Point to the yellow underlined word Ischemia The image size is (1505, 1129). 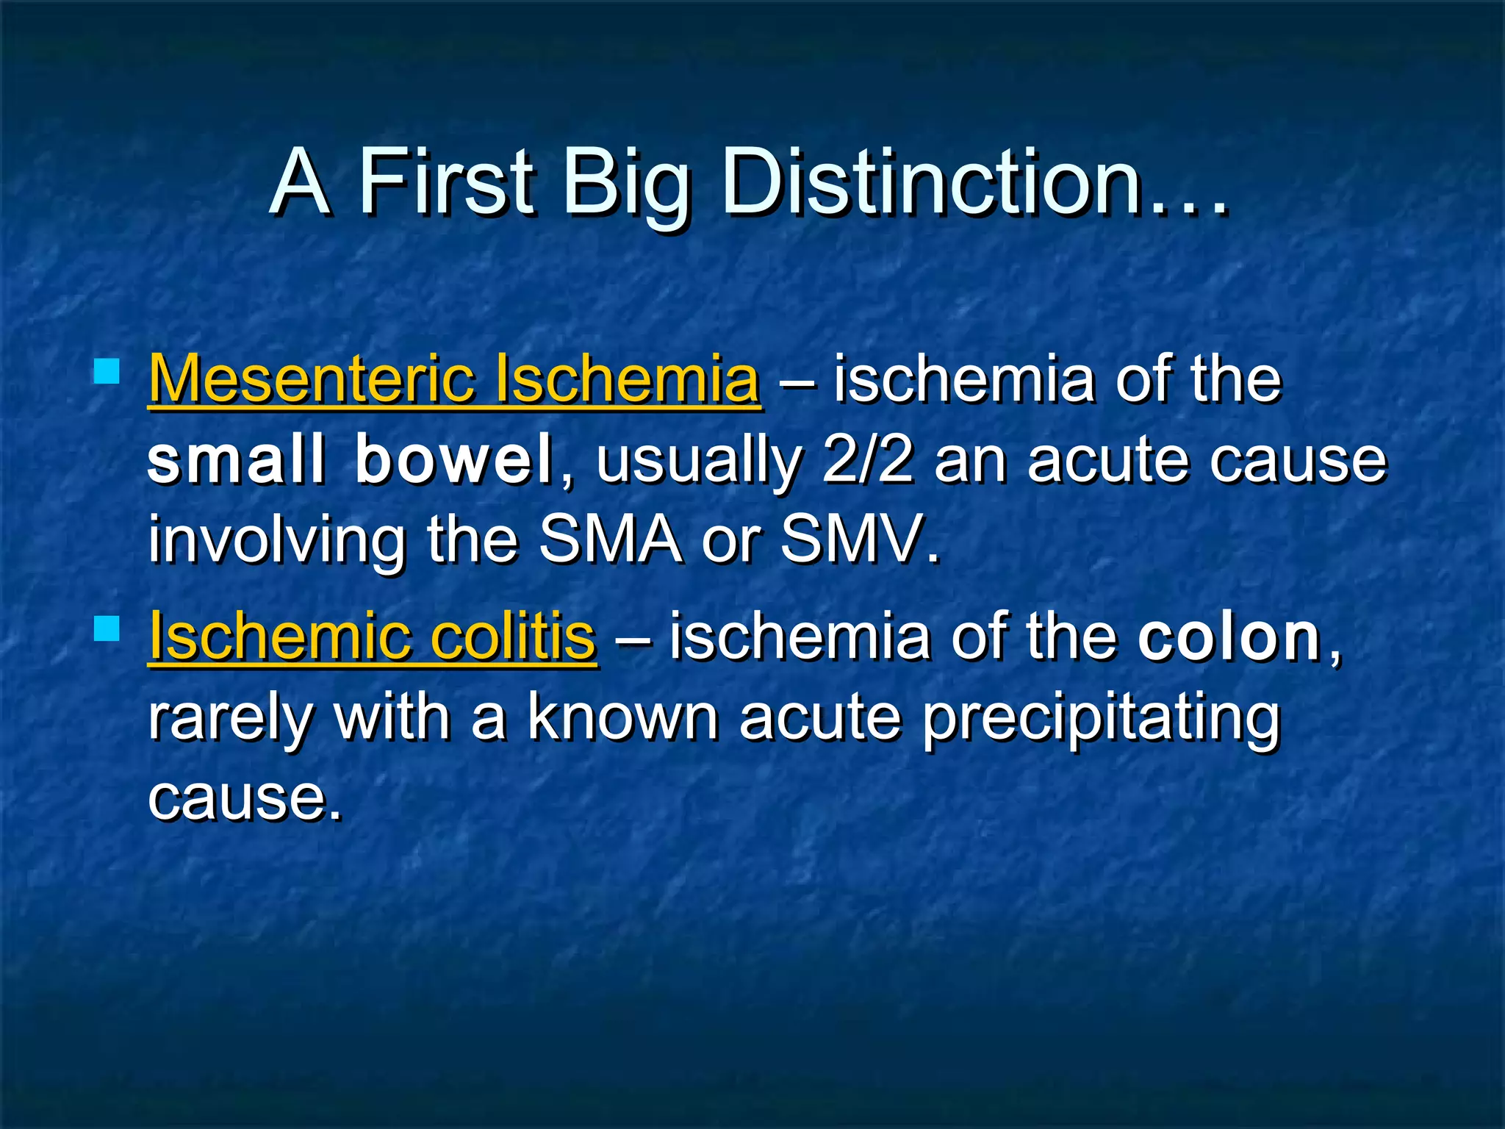(627, 379)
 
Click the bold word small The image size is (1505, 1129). (236, 460)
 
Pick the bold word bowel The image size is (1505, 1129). (453, 460)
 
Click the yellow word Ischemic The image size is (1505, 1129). (279, 637)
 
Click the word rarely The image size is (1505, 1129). (231, 719)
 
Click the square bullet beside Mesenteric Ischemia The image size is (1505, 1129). (107, 372)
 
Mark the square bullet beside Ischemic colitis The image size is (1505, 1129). (107, 629)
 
